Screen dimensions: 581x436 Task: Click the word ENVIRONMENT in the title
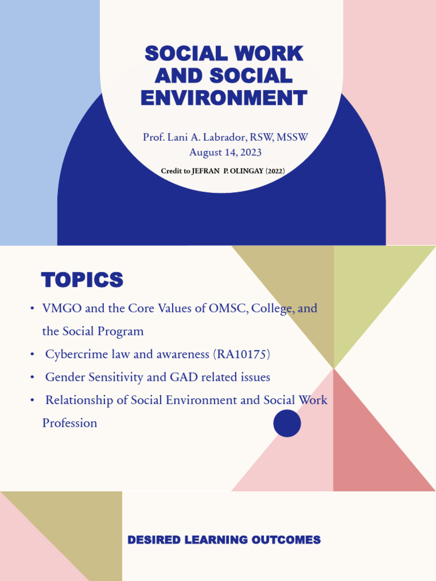(x=224, y=98)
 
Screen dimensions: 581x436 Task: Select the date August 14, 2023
(x=225, y=152)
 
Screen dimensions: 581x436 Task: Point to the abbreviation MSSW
(x=292, y=138)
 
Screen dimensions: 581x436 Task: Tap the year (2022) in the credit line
(x=275, y=171)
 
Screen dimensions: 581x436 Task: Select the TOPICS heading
(x=82, y=280)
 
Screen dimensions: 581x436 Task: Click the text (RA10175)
(x=242, y=355)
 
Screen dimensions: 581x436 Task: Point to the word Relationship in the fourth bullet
(x=79, y=400)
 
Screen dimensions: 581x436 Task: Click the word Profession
(x=69, y=423)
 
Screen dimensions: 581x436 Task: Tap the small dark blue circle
(x=287, y=423)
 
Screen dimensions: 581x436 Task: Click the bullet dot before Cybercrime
(x=32, y=355)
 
